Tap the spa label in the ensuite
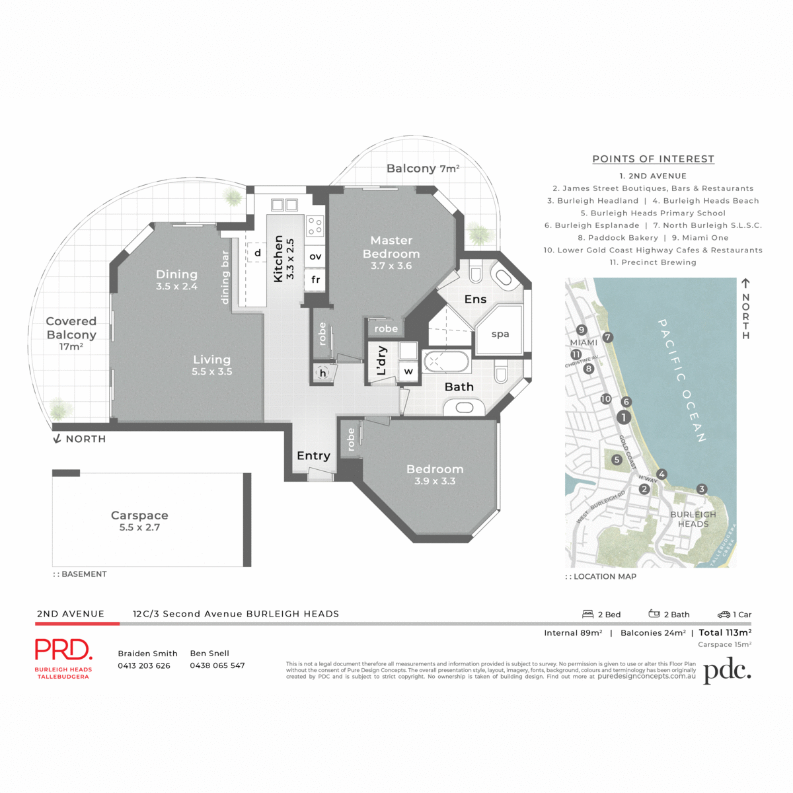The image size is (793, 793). tap(500, 334)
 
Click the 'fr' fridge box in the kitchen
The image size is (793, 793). tap(315, 280)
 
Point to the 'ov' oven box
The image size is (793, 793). tap(315, 256)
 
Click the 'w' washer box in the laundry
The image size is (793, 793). tap(408, 371)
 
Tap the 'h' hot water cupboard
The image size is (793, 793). tap(323, 373)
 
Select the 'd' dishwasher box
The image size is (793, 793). tap(258, 252)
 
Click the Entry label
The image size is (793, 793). tap(313, 455)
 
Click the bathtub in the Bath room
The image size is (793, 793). tap(446, 362)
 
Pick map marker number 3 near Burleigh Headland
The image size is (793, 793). tap(702, 489)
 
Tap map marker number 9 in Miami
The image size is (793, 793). tap(582, 330)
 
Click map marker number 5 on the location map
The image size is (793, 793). tap(617, 459)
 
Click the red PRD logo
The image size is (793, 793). tap(63, 650)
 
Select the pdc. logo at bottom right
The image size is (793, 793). tap(727, 671)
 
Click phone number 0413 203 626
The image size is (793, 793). tap(144, 665)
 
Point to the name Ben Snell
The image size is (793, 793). tap(209, 653)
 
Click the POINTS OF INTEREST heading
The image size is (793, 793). tap(653, 159)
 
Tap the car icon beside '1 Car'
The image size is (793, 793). tap(724, 614)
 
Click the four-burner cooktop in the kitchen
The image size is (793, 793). tap(315, 226)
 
